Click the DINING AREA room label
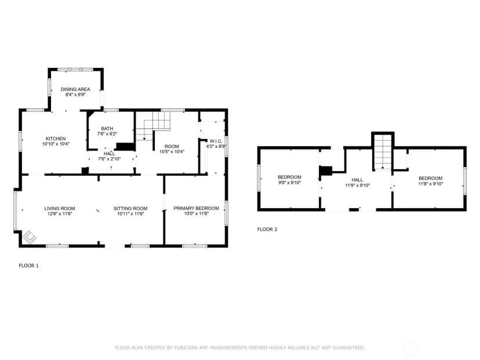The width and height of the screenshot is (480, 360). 75,89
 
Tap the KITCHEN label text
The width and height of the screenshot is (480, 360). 56,139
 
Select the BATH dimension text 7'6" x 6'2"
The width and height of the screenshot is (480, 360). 107,134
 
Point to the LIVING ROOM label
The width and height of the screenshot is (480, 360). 60,209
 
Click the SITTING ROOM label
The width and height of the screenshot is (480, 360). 130,209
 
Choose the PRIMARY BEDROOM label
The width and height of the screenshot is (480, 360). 196,208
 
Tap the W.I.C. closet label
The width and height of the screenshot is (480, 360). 216,141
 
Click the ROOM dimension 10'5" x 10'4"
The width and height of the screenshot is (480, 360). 172,151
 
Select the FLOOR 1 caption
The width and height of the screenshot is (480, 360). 29,266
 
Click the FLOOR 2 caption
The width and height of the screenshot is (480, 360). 267,230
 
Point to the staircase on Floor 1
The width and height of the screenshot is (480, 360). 153,126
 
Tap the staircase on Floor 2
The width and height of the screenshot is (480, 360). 383,152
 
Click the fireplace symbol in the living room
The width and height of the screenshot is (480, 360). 30,237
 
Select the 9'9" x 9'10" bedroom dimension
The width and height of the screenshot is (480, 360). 290,183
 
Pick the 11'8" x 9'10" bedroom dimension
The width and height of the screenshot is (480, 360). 431,184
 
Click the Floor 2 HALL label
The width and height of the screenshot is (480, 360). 357,180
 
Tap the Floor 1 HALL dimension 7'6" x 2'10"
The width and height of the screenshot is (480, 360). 110,159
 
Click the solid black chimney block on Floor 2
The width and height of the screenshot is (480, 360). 326,171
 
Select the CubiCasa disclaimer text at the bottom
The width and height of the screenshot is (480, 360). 239,348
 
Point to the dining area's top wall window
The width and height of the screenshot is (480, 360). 75,70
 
